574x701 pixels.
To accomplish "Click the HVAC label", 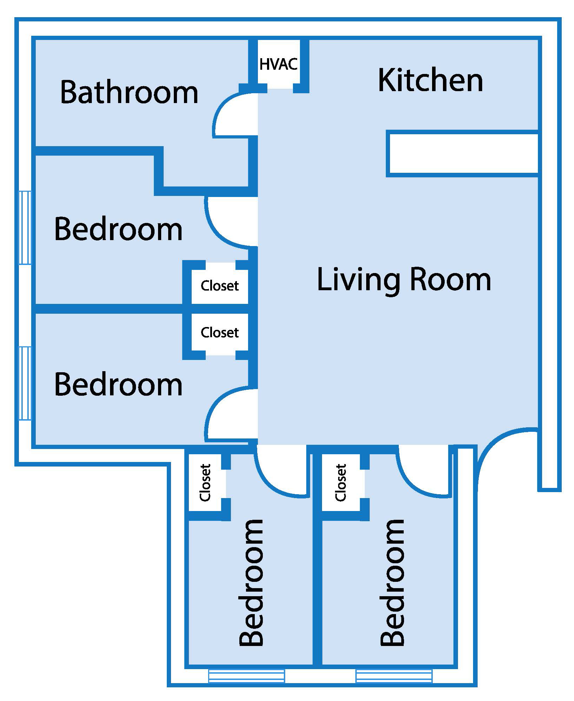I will [279, 64].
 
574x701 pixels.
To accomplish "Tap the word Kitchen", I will [430, 81].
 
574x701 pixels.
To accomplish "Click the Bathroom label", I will [129, 92].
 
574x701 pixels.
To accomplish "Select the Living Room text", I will [404, 280].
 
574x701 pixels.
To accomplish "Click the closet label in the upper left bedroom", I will [219, 286].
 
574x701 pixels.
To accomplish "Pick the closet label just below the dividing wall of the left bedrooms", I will [219, 332].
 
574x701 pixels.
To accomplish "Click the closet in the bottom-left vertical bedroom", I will [205, 483].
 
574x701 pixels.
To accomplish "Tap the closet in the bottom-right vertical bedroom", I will [341, 483].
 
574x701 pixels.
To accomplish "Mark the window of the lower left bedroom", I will [25, 383].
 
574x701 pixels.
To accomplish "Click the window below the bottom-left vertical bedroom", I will [246, 676].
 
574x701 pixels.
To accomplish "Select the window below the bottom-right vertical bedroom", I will [394, 676].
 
